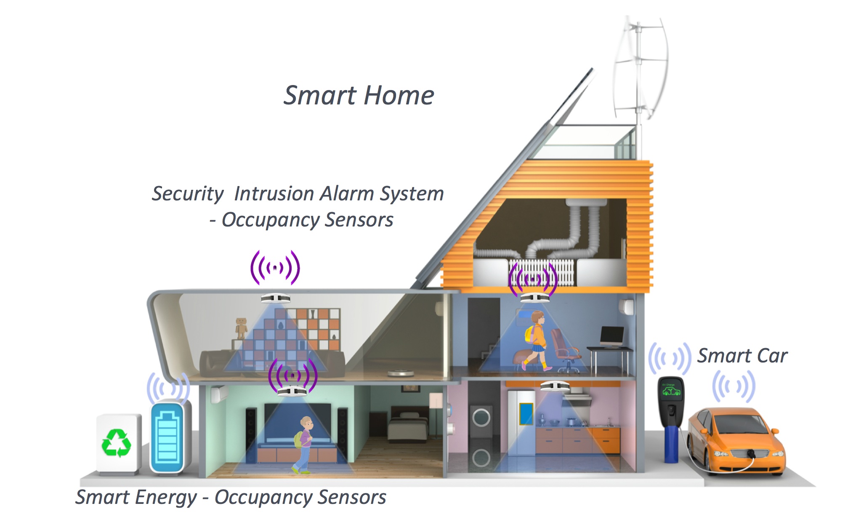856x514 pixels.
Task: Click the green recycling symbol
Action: click(x=116, y=443)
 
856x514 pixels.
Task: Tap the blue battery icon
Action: click(x=167, y=438)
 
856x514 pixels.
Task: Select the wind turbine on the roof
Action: click(x=640, y=67)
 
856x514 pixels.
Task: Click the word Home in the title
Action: click(x=399, y=95)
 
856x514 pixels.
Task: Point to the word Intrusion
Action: click(x=274, y=194)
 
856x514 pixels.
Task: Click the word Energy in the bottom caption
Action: click(x=166, y=497)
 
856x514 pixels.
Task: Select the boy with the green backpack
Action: click(x=303, y=445)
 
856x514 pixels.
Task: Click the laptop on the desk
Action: click(x=611, y=337)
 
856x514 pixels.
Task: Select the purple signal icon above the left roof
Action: click(x=275, y=267)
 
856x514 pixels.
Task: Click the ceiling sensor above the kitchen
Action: click(x=555, y=386)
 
